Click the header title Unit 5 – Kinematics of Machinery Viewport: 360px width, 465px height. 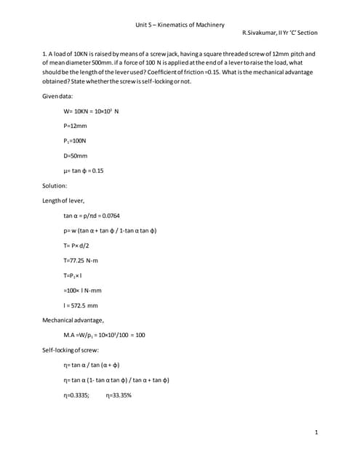(180, 25)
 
